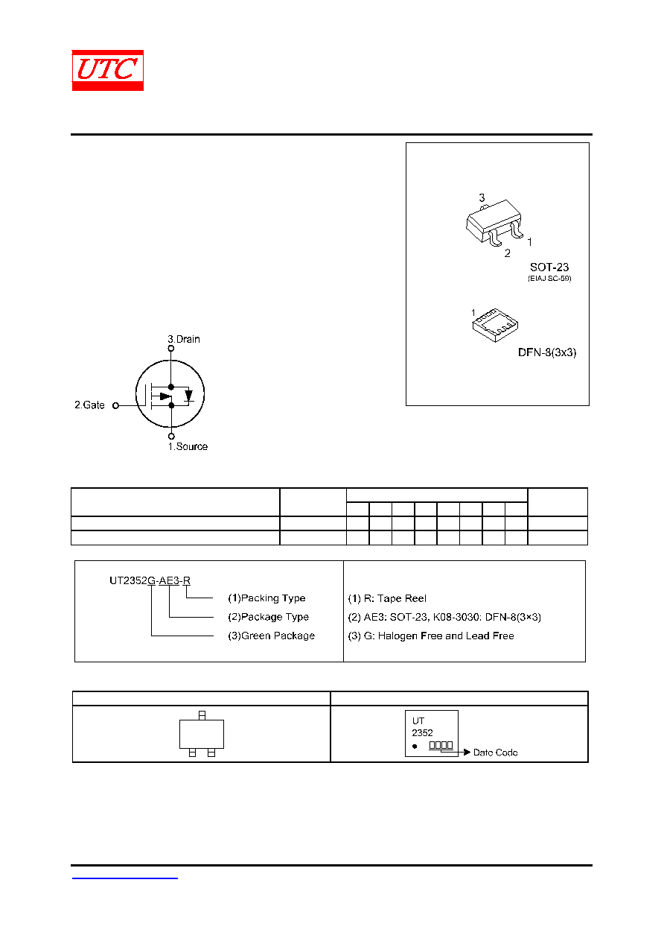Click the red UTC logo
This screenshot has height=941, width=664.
pos(108,70)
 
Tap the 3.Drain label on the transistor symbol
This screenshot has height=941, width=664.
pos(184,339)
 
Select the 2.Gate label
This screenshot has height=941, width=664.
pos(89,405)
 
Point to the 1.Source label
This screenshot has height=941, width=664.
pos(188,446)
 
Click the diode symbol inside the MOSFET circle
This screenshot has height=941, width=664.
pos(189,396)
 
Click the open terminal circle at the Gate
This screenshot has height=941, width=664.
pos(116,405)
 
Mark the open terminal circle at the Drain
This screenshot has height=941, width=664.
pos(170,348)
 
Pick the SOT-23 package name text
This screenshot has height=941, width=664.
pos(549,267)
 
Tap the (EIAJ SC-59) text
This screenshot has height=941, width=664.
pos(549,279)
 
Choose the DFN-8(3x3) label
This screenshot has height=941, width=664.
pos(547,352)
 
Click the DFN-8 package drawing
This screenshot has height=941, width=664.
pos(495,325)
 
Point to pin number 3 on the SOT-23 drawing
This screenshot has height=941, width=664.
pos(482,197)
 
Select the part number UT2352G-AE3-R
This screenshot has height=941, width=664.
pos(150,580)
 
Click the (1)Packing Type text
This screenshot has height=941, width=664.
pos(266,598)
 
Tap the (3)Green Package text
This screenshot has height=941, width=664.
pos(271,636)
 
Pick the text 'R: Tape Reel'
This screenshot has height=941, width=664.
pos(395,598)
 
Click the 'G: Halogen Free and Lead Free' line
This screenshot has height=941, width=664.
pos(438,636)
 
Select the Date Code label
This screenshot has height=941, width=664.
pos(495,753)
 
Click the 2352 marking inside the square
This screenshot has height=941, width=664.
pos(422,732)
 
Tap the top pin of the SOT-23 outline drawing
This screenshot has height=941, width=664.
pos(202,715)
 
